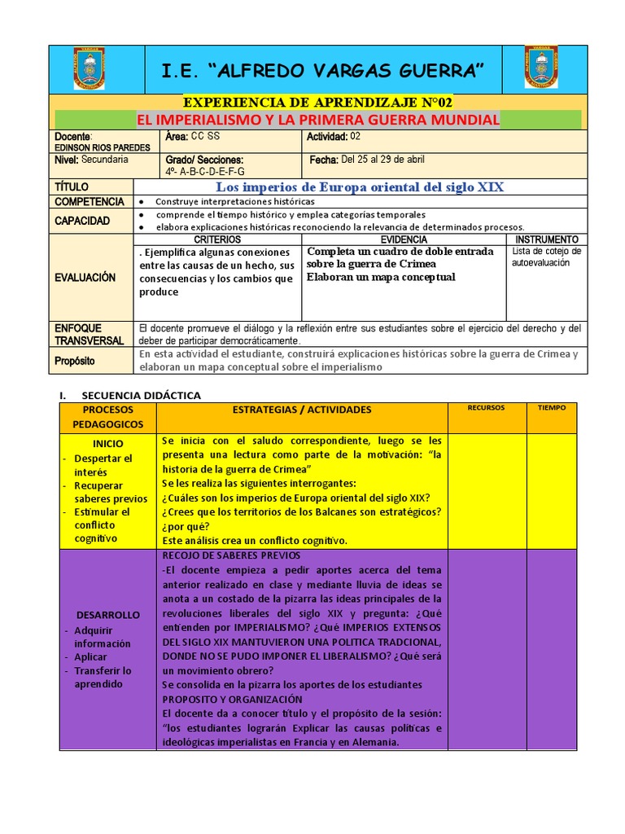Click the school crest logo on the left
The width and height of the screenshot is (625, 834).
point(89,68)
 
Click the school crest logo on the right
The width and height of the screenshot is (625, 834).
point(540,68)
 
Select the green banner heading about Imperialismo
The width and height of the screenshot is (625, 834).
point(317,121)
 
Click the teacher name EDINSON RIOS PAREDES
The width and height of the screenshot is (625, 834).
point(92,147)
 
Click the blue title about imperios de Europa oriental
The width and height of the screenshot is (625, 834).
point(359,187)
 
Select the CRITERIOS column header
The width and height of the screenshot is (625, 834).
point(217,239)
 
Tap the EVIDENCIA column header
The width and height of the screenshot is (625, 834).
point(404,239)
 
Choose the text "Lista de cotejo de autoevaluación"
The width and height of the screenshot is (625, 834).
point(546,257)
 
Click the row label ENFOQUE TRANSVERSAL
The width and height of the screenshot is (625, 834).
point(90,334)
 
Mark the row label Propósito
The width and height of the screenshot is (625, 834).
point(75,360)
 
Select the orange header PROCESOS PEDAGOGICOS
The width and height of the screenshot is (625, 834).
point(107,417)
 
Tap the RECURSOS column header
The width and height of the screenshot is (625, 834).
point(487,407)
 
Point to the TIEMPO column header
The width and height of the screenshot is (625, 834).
point(551,407)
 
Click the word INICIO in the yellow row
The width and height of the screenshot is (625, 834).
point(107,444)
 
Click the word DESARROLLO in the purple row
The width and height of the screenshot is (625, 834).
point(107,615)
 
